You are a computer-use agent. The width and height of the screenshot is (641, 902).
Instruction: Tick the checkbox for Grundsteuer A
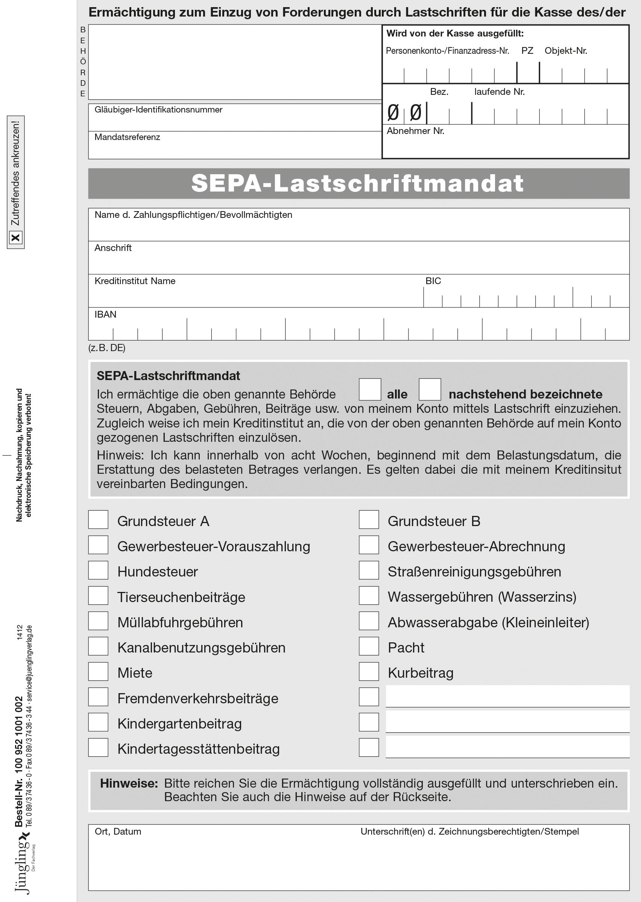(98, 520)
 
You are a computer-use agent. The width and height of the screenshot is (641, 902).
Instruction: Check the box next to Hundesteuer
(98, 570)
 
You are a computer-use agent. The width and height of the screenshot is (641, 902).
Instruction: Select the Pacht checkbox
(369, 646)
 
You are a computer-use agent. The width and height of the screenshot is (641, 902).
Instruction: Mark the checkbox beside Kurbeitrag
(369, 671)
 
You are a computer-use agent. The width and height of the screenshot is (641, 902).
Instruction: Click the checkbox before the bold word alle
(369, 389)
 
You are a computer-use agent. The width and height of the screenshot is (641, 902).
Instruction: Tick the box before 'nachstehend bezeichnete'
(430, 389)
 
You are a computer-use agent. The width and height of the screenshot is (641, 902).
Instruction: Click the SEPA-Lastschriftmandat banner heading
(358, 183)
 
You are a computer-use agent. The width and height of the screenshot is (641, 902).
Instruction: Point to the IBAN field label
(105, 314)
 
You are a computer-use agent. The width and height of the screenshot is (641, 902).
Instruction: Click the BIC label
(433, 281)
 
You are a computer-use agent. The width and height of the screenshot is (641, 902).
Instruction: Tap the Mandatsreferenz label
(127, 137)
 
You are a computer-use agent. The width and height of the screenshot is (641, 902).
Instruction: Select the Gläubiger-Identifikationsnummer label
(158, 110)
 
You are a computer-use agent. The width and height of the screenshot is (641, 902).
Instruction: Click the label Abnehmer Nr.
(415, 131)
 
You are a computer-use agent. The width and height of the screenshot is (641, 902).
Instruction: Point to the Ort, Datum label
(118, 831)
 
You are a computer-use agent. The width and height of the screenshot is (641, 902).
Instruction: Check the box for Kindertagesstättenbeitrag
(98, 747)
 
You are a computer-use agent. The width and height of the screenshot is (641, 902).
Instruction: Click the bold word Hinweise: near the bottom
(129, 783)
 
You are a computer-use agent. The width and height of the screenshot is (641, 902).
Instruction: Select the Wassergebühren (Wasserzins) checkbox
(369, 595)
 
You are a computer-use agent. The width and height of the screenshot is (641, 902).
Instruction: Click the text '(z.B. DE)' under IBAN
(106, 348)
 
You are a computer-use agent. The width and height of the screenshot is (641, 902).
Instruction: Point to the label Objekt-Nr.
(566, 50)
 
